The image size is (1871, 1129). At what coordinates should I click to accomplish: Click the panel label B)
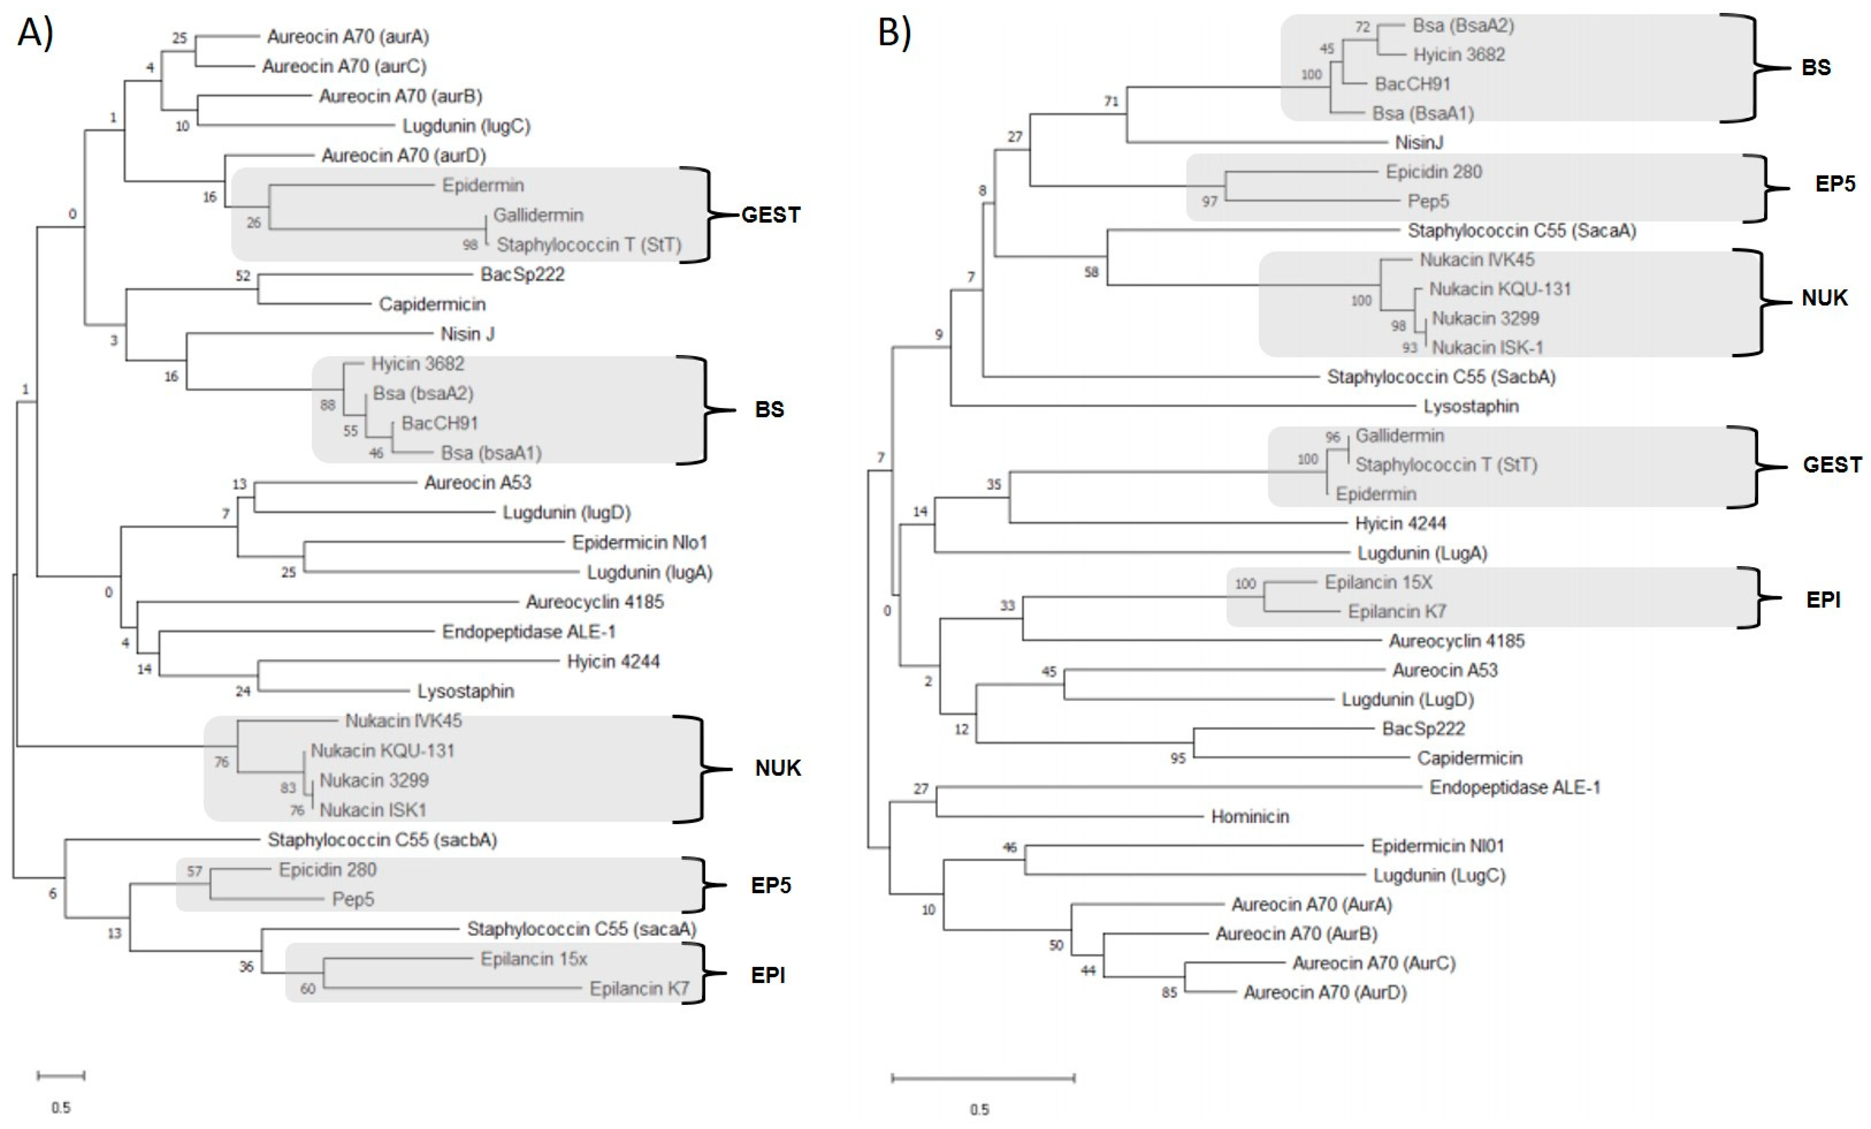[894, 32]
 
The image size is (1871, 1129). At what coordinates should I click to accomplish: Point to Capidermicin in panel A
[432, 304]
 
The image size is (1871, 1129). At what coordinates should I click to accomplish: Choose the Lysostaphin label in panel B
[1471, 406]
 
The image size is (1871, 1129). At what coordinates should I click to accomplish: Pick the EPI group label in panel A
[768, 975]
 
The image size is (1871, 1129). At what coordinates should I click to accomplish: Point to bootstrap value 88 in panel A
[327, 405]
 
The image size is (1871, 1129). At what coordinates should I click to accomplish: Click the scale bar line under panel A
[61, 1075]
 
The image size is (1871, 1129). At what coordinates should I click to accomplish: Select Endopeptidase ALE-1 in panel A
[528, 632]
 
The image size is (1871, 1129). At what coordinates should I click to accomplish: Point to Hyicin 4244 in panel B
[1400, 523]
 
